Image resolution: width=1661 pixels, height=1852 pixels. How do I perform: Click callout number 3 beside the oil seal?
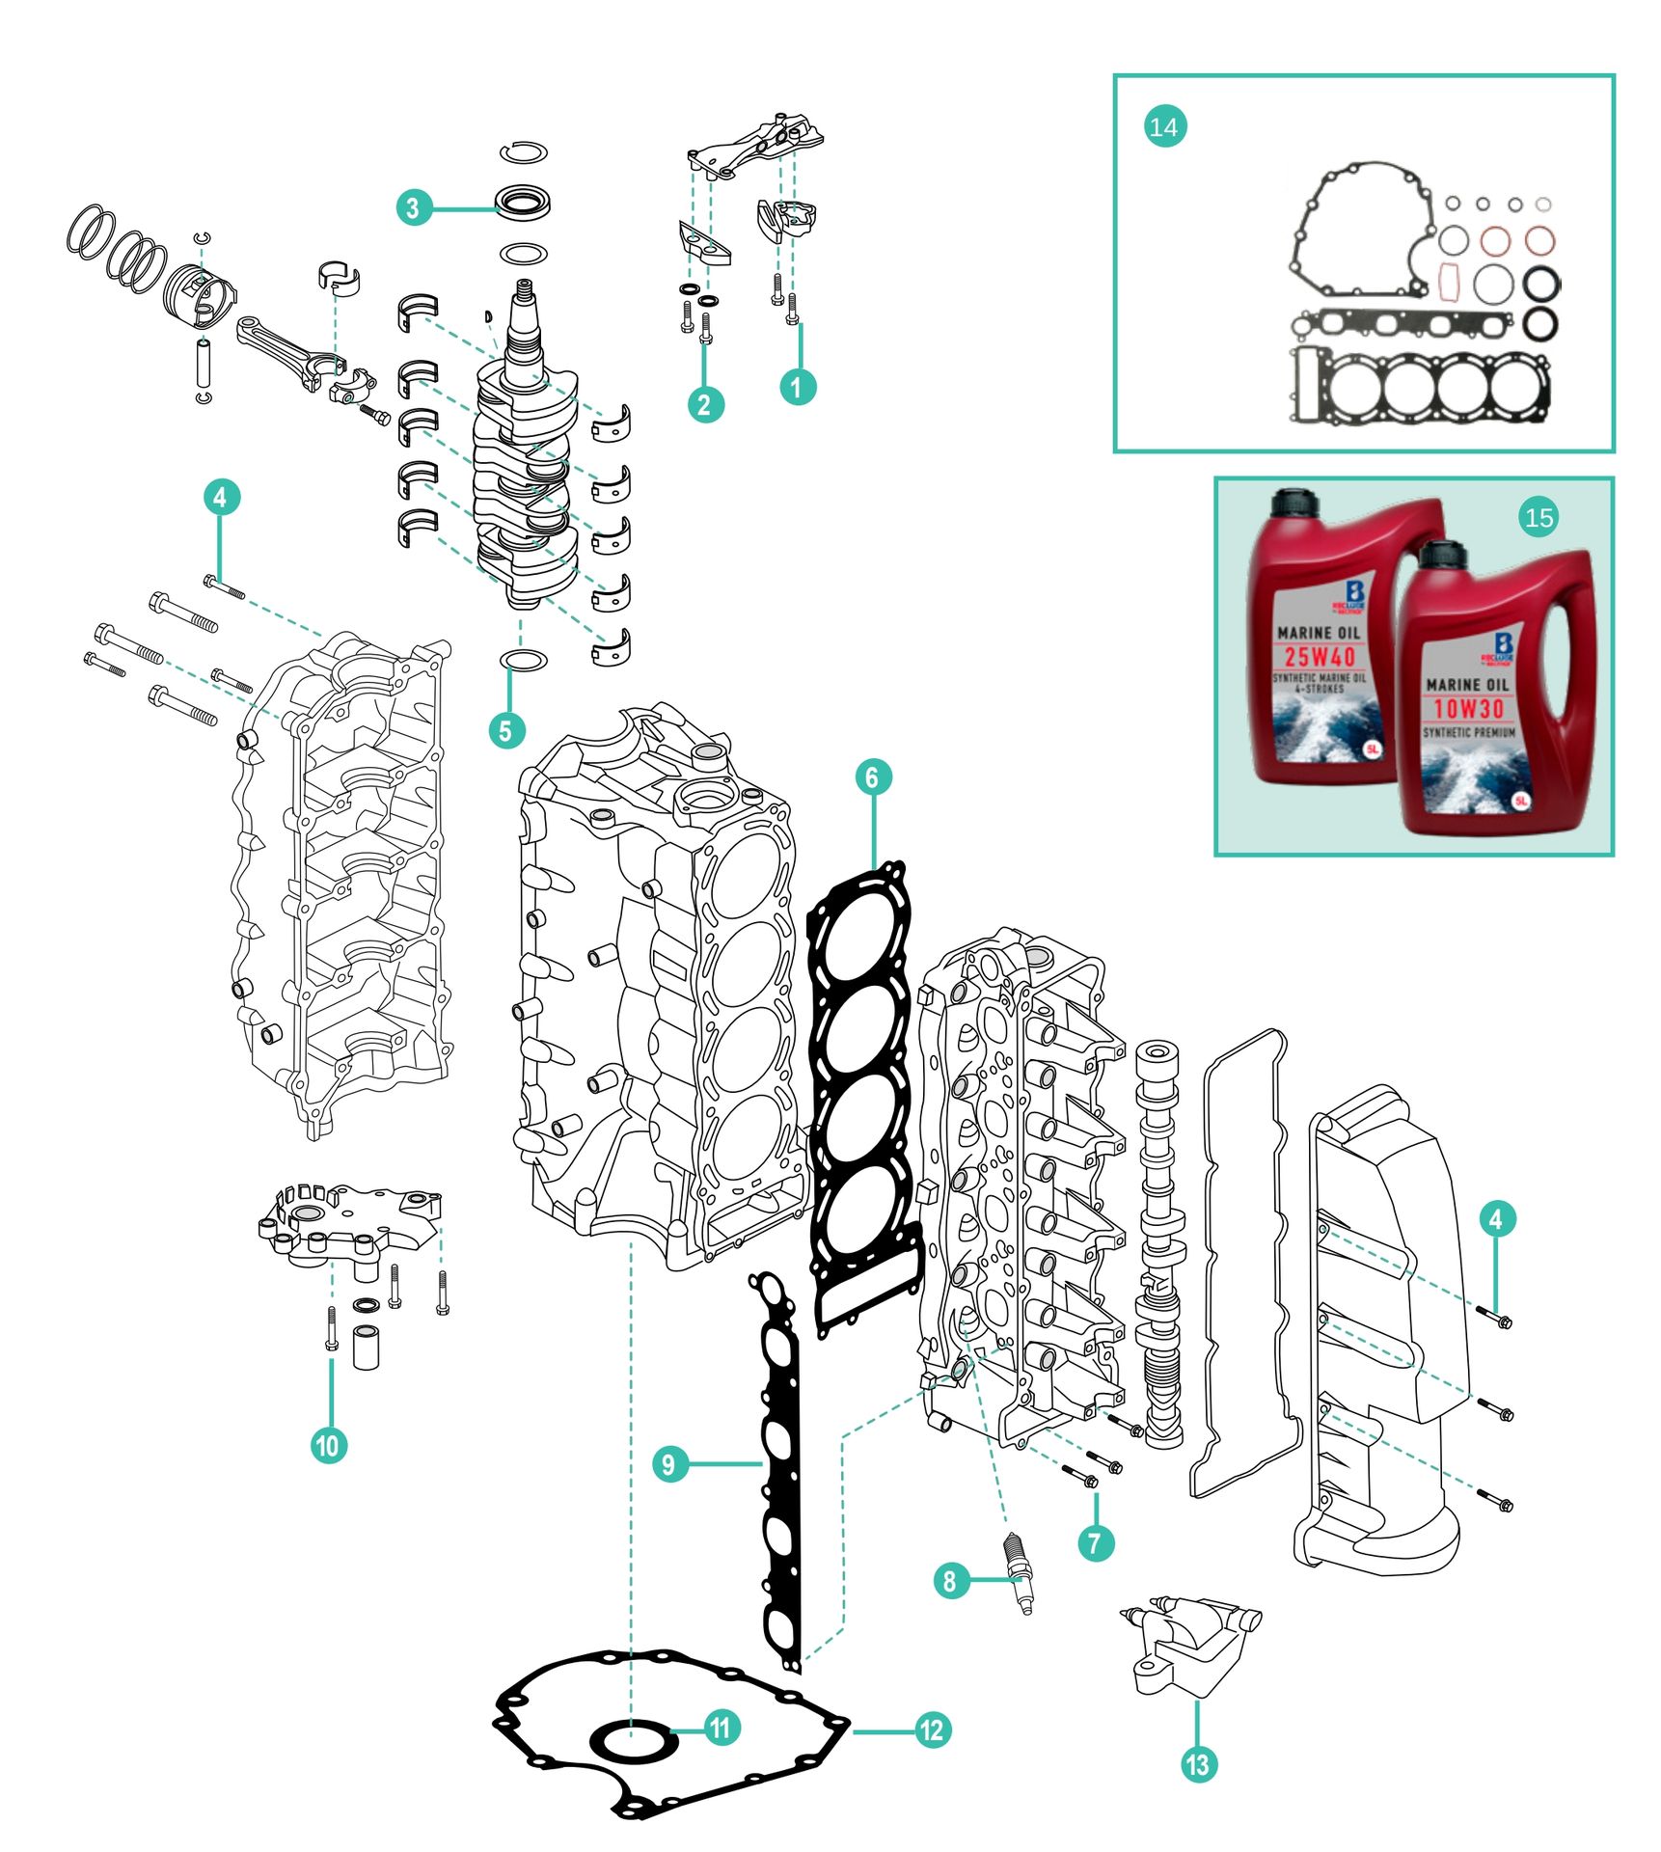point(413,207)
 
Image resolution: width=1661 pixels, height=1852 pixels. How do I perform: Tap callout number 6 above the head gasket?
point(872,776)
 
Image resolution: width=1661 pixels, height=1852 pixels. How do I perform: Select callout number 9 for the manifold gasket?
point(668,1464)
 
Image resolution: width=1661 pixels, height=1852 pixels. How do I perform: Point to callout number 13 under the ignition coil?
point(1197,1764)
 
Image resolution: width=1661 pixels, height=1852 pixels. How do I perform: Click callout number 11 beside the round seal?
point(721,1727)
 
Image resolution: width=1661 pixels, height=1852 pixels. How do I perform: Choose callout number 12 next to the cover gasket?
point(932,1729)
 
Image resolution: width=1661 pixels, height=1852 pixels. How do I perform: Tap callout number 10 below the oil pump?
point(328,1445)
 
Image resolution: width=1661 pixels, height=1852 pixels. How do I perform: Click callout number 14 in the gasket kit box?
point(1163,127)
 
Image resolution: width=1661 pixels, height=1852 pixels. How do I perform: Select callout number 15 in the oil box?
point(1538,518)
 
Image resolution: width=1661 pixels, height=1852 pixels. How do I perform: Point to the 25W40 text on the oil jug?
point(1319,657)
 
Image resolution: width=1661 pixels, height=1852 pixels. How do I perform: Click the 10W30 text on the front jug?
point(1468,709)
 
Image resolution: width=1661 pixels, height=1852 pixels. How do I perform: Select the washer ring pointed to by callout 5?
point(523,660)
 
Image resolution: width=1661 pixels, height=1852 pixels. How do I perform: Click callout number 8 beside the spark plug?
point(950,1580)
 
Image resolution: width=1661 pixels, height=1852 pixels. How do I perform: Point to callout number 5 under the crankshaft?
point(505,730)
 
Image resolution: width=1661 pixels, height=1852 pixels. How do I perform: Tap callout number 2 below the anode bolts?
point(704,404)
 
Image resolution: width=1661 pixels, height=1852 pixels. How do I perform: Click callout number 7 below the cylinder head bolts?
point(1095,1541)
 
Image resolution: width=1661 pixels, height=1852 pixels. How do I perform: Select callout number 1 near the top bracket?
point(797,387)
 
